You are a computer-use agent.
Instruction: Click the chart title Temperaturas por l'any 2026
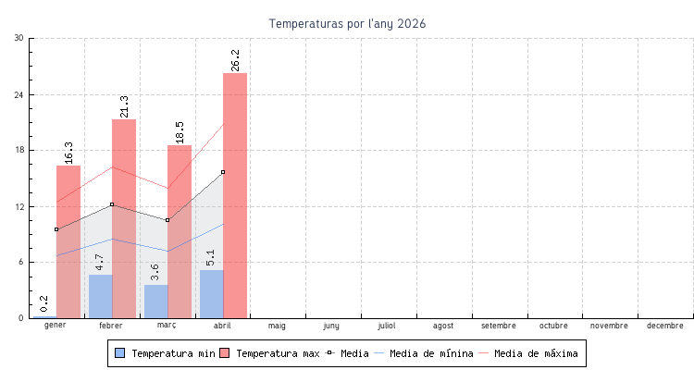click(348, 23)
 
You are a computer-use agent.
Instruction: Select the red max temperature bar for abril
click(235, 195)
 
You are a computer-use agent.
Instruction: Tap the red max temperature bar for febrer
click(124, 218)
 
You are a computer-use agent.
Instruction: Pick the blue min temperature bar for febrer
click(100, 296)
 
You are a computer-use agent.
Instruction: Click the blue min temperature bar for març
click(155, 302)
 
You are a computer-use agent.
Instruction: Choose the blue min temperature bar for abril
click(211, 294)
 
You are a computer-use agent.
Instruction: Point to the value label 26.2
click(236, 60)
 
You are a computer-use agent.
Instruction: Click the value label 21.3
click(125, 106)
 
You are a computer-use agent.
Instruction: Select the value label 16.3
click(69, 153)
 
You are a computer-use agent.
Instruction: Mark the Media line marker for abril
click(223, 172)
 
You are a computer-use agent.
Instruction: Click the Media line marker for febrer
click(112, 204)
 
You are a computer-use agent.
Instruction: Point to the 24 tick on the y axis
click(19, 94)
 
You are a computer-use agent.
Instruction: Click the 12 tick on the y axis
click(19, 206)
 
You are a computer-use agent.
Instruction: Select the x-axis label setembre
click(499, 326)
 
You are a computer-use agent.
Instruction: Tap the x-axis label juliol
click(388, 326)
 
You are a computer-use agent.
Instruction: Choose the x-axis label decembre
click(665, 326)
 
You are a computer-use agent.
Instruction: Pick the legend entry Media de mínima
click(431, 353)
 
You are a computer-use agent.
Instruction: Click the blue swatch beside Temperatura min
click(119, 353)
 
